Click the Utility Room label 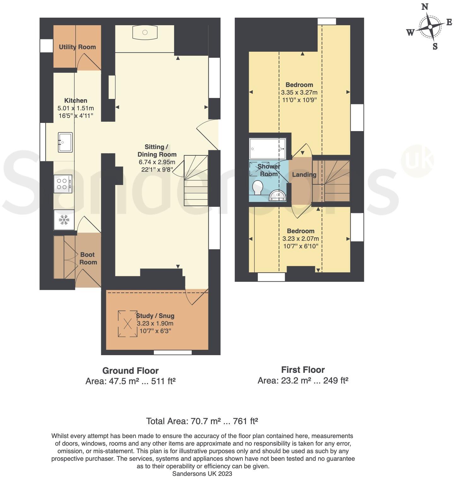click(77, 47)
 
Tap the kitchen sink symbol click(65, 142)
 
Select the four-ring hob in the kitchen click(63, 184)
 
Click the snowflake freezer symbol click(64, 220)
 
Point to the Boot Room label click(88, 258)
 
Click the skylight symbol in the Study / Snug click(128, 324)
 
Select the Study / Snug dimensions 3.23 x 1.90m click(155, 323)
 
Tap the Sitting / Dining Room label click(157, 151)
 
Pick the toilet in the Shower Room click(258, 188)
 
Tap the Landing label click(304, 175)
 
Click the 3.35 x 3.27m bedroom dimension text click(299, 92)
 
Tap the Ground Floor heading click(130, 371)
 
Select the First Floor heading click(303, 369)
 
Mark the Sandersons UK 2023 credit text click(202, 474)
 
